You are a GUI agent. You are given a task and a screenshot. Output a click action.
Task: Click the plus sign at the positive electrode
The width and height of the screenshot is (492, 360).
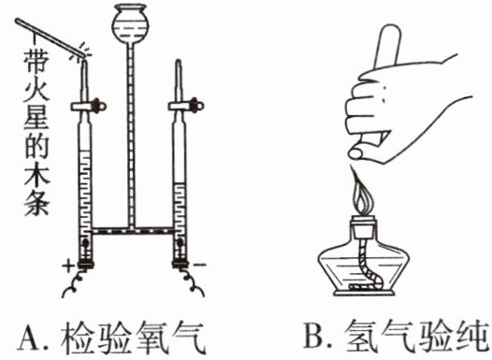pos(67,266)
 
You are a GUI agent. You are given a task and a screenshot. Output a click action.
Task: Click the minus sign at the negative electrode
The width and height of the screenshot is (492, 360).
pos(200,265)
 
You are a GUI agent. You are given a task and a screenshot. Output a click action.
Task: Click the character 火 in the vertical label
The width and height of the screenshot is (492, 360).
pos(36,91)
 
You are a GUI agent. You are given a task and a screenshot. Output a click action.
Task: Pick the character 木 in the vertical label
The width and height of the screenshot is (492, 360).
pos(36,175)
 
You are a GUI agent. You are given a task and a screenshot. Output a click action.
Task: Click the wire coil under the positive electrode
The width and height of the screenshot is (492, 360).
pos(75,284)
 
